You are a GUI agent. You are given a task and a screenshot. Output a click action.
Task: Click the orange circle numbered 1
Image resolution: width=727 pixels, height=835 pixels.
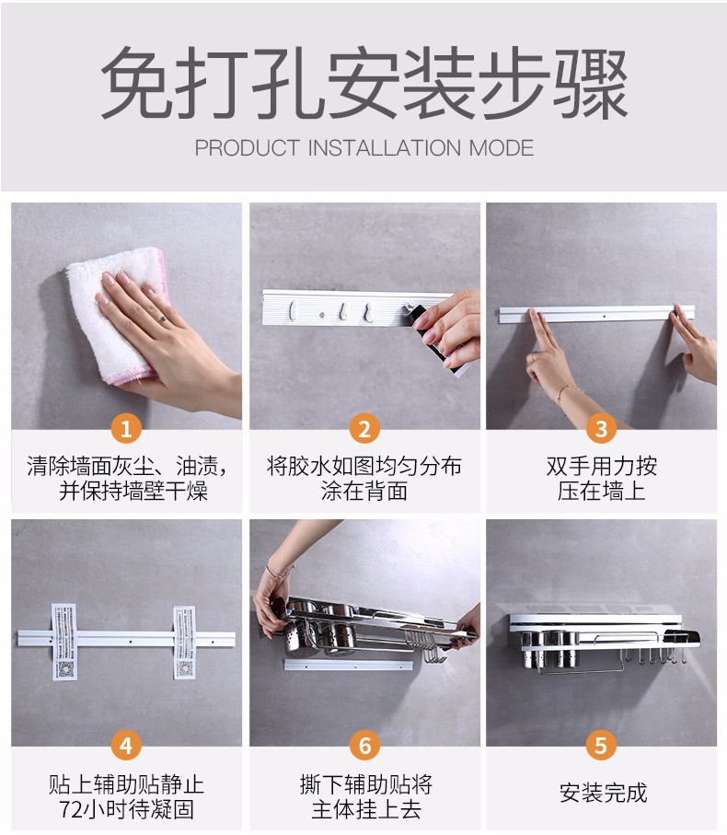(x=126, y=428)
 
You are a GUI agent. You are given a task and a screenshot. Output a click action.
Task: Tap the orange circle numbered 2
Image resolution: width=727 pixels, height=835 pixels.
(x=364, y=428)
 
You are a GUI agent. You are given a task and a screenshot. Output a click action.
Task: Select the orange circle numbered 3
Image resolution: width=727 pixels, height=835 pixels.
(x=602, y=428)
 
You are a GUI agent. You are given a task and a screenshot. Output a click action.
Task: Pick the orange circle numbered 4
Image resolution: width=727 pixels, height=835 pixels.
(x=126, y=746)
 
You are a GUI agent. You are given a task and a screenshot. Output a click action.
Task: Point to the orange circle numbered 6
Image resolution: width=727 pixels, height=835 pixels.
(x=364, y=746)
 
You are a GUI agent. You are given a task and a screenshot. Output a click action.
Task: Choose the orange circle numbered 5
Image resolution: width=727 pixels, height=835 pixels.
(x=602, y=746)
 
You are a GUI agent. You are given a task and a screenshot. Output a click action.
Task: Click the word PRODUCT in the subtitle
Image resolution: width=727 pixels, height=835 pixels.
(x=248, y=148)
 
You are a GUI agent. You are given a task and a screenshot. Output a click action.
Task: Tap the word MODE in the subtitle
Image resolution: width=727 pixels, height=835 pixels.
(x=502, y=148)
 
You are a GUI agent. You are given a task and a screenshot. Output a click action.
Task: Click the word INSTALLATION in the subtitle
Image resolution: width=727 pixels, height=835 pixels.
(x=385, y=148)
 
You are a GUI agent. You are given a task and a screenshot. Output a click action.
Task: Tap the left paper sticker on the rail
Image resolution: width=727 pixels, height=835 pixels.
(x=63, y=641)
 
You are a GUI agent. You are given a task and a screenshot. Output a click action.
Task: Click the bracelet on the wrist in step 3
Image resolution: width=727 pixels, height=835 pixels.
(x=567, y=392)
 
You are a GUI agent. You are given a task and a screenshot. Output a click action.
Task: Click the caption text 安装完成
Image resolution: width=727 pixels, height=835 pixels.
(x=603, y=793)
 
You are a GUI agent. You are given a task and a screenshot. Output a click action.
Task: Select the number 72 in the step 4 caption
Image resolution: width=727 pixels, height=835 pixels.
(x=70, y=809)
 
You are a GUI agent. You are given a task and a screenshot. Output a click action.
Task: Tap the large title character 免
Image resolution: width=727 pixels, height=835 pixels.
(x=138, y=83)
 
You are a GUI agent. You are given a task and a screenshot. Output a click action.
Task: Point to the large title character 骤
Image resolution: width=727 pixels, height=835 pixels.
(x=591, y=83)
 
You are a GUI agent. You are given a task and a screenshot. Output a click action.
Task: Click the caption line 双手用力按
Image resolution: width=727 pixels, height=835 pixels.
(x=602, y=466)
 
